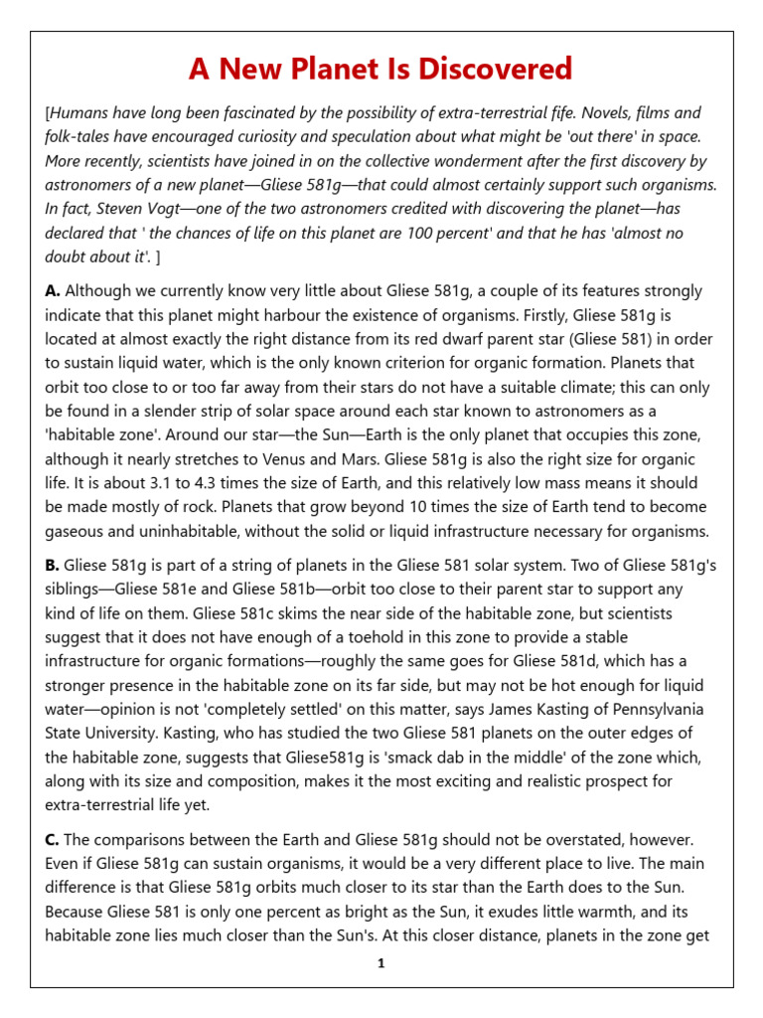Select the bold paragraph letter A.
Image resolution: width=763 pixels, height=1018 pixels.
pos(53,291)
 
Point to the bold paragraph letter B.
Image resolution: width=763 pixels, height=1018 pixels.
pos(53,565)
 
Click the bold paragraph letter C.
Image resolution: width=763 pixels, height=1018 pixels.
pos(53,841)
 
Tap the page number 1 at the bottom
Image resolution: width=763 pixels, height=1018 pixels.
pos(381,963)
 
